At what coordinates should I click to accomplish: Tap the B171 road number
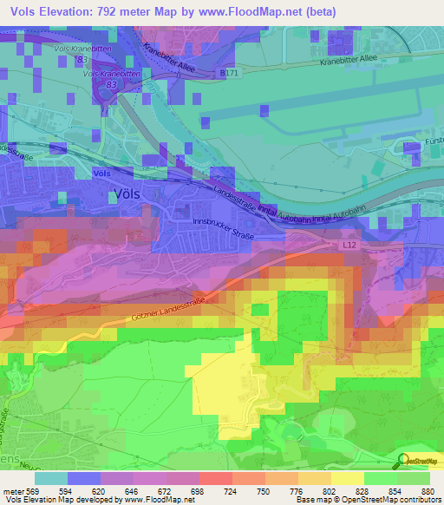(230, 75)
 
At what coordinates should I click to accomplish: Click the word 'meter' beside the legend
(10, 491)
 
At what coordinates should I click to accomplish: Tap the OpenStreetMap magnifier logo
(403, 462)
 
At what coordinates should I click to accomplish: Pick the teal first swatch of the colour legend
(50, 478)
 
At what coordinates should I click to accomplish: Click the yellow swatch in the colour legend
(348, 478)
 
